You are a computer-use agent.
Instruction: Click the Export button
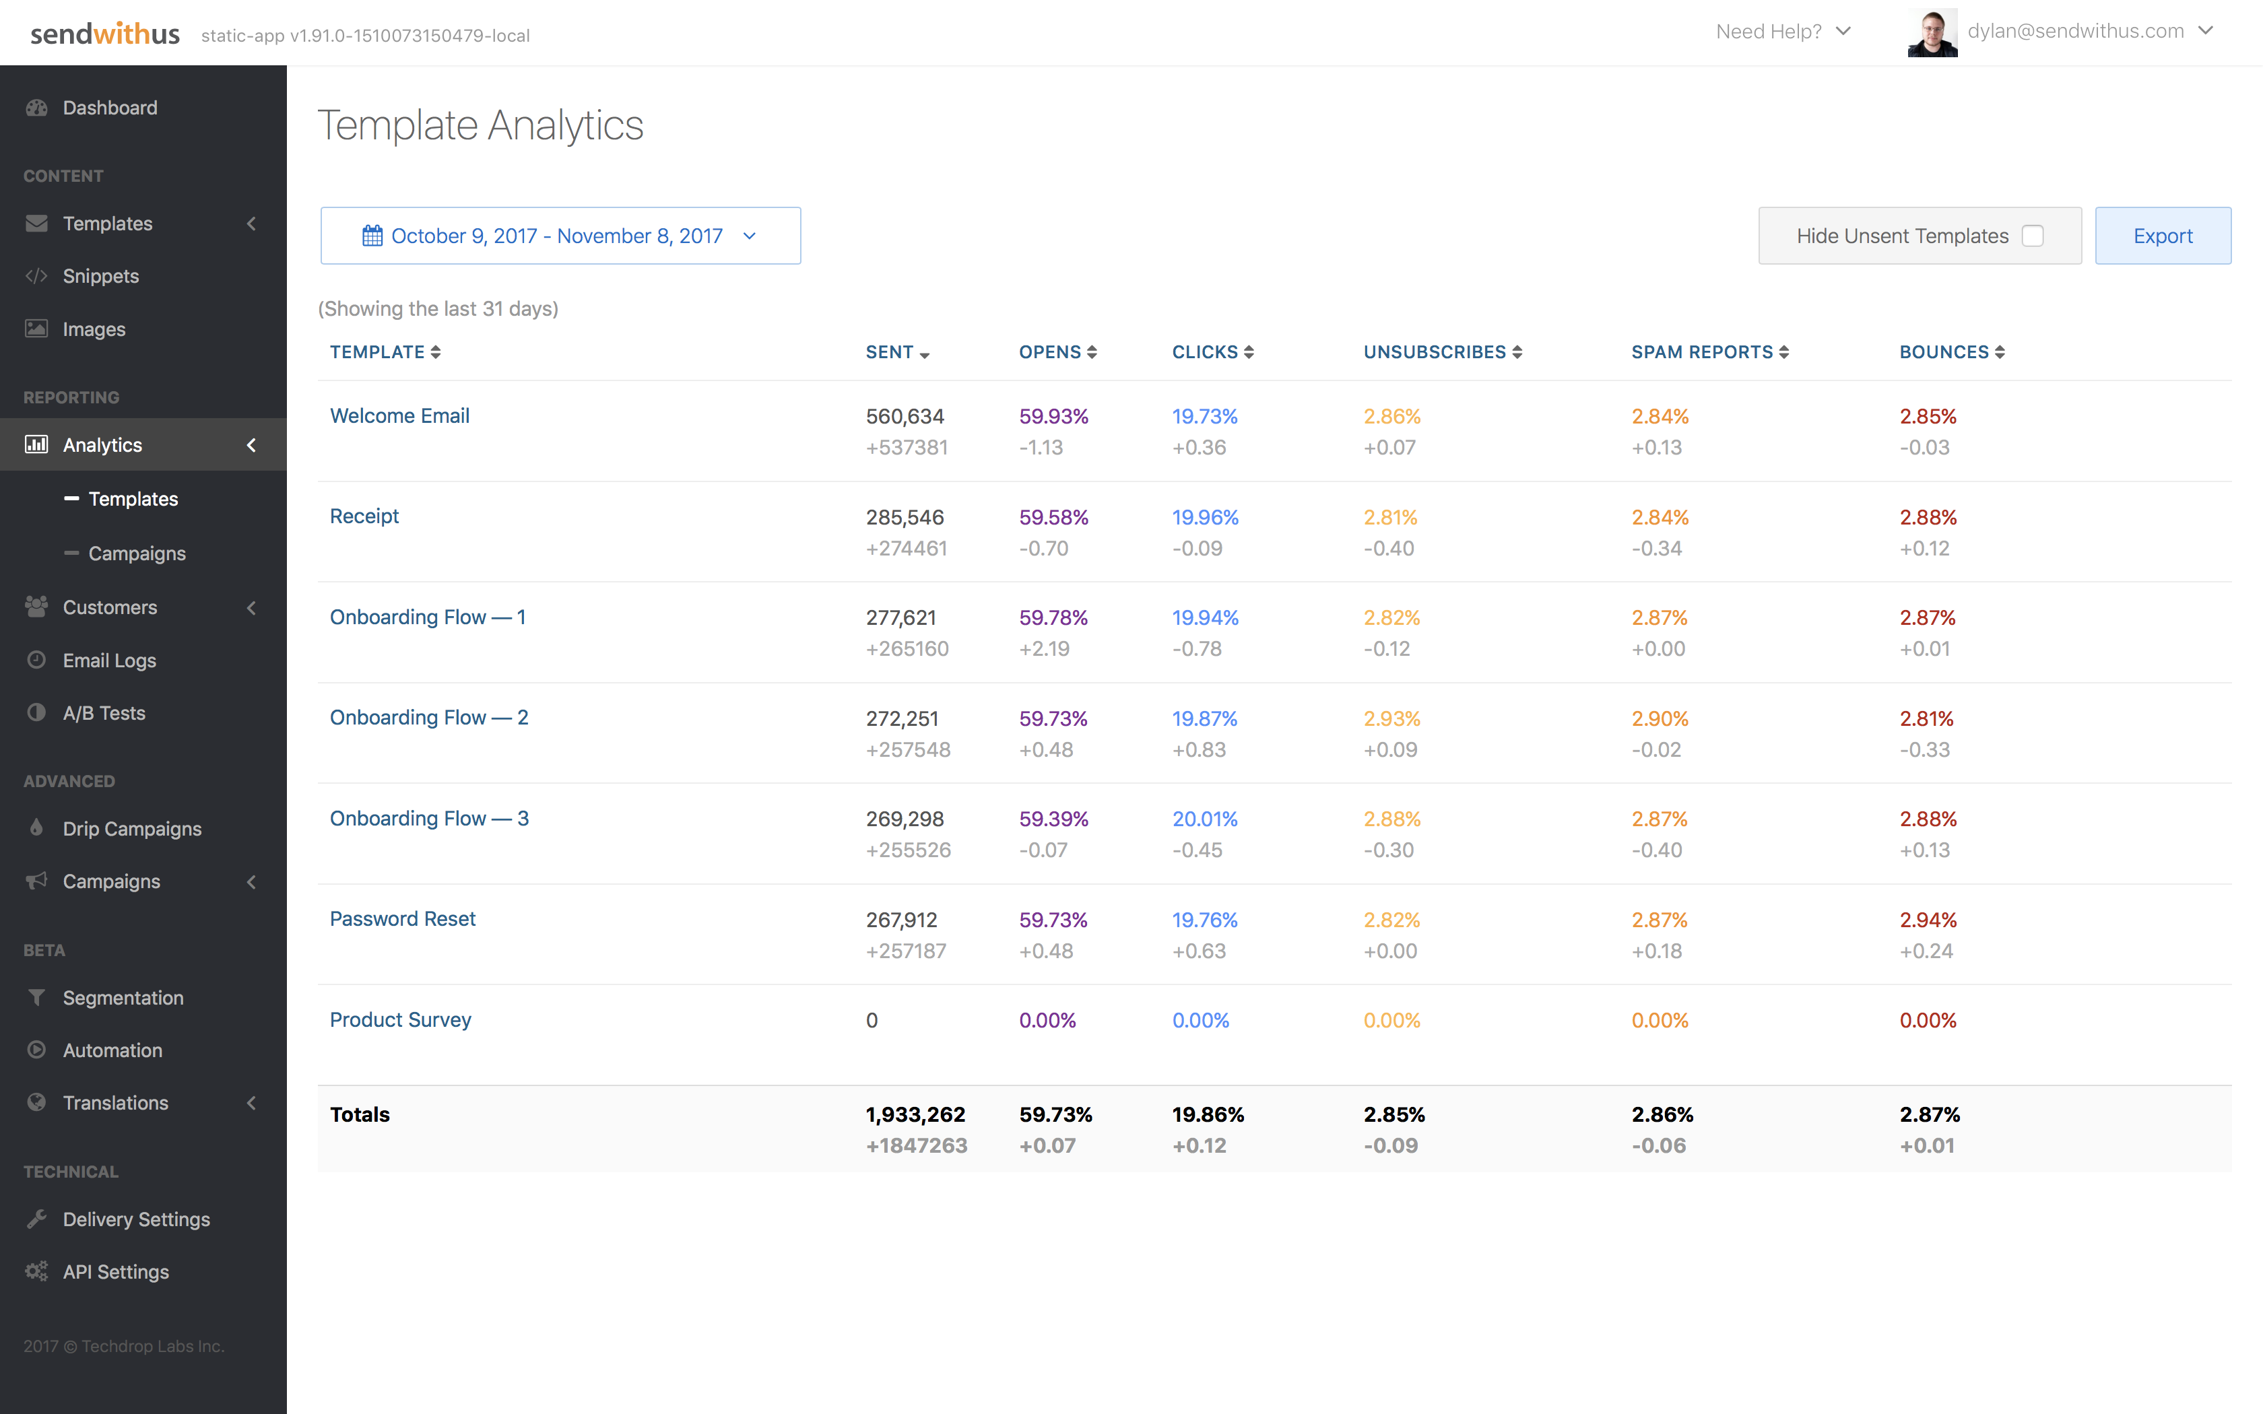[x=2162, y=236]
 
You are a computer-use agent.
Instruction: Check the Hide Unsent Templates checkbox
[x=2032, y=236]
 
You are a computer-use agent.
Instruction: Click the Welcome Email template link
[x=399, y=416]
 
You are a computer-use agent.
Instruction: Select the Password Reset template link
[x=402, y=919]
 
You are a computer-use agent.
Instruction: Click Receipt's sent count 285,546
[x=905, y=517]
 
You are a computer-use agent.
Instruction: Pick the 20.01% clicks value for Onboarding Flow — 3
[x=1204, y=819]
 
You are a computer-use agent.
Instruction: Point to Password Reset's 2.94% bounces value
[x=1928, y=920]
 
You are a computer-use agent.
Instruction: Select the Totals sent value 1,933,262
[x=915, y=1115]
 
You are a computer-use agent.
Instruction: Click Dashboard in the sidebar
[x=109, y=108]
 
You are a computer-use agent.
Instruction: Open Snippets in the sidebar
[x=100, y=276]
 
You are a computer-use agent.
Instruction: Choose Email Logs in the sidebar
[x=108, y=661]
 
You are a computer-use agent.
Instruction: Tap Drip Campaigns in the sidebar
[x=132, y=829]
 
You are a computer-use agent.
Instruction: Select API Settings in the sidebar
[x=115, y=1272]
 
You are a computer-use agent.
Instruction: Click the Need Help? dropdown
[x=1782, y=32]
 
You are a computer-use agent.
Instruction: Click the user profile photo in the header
[x=1932, y=33]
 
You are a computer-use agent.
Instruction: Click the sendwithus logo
[x=105, y=34]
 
